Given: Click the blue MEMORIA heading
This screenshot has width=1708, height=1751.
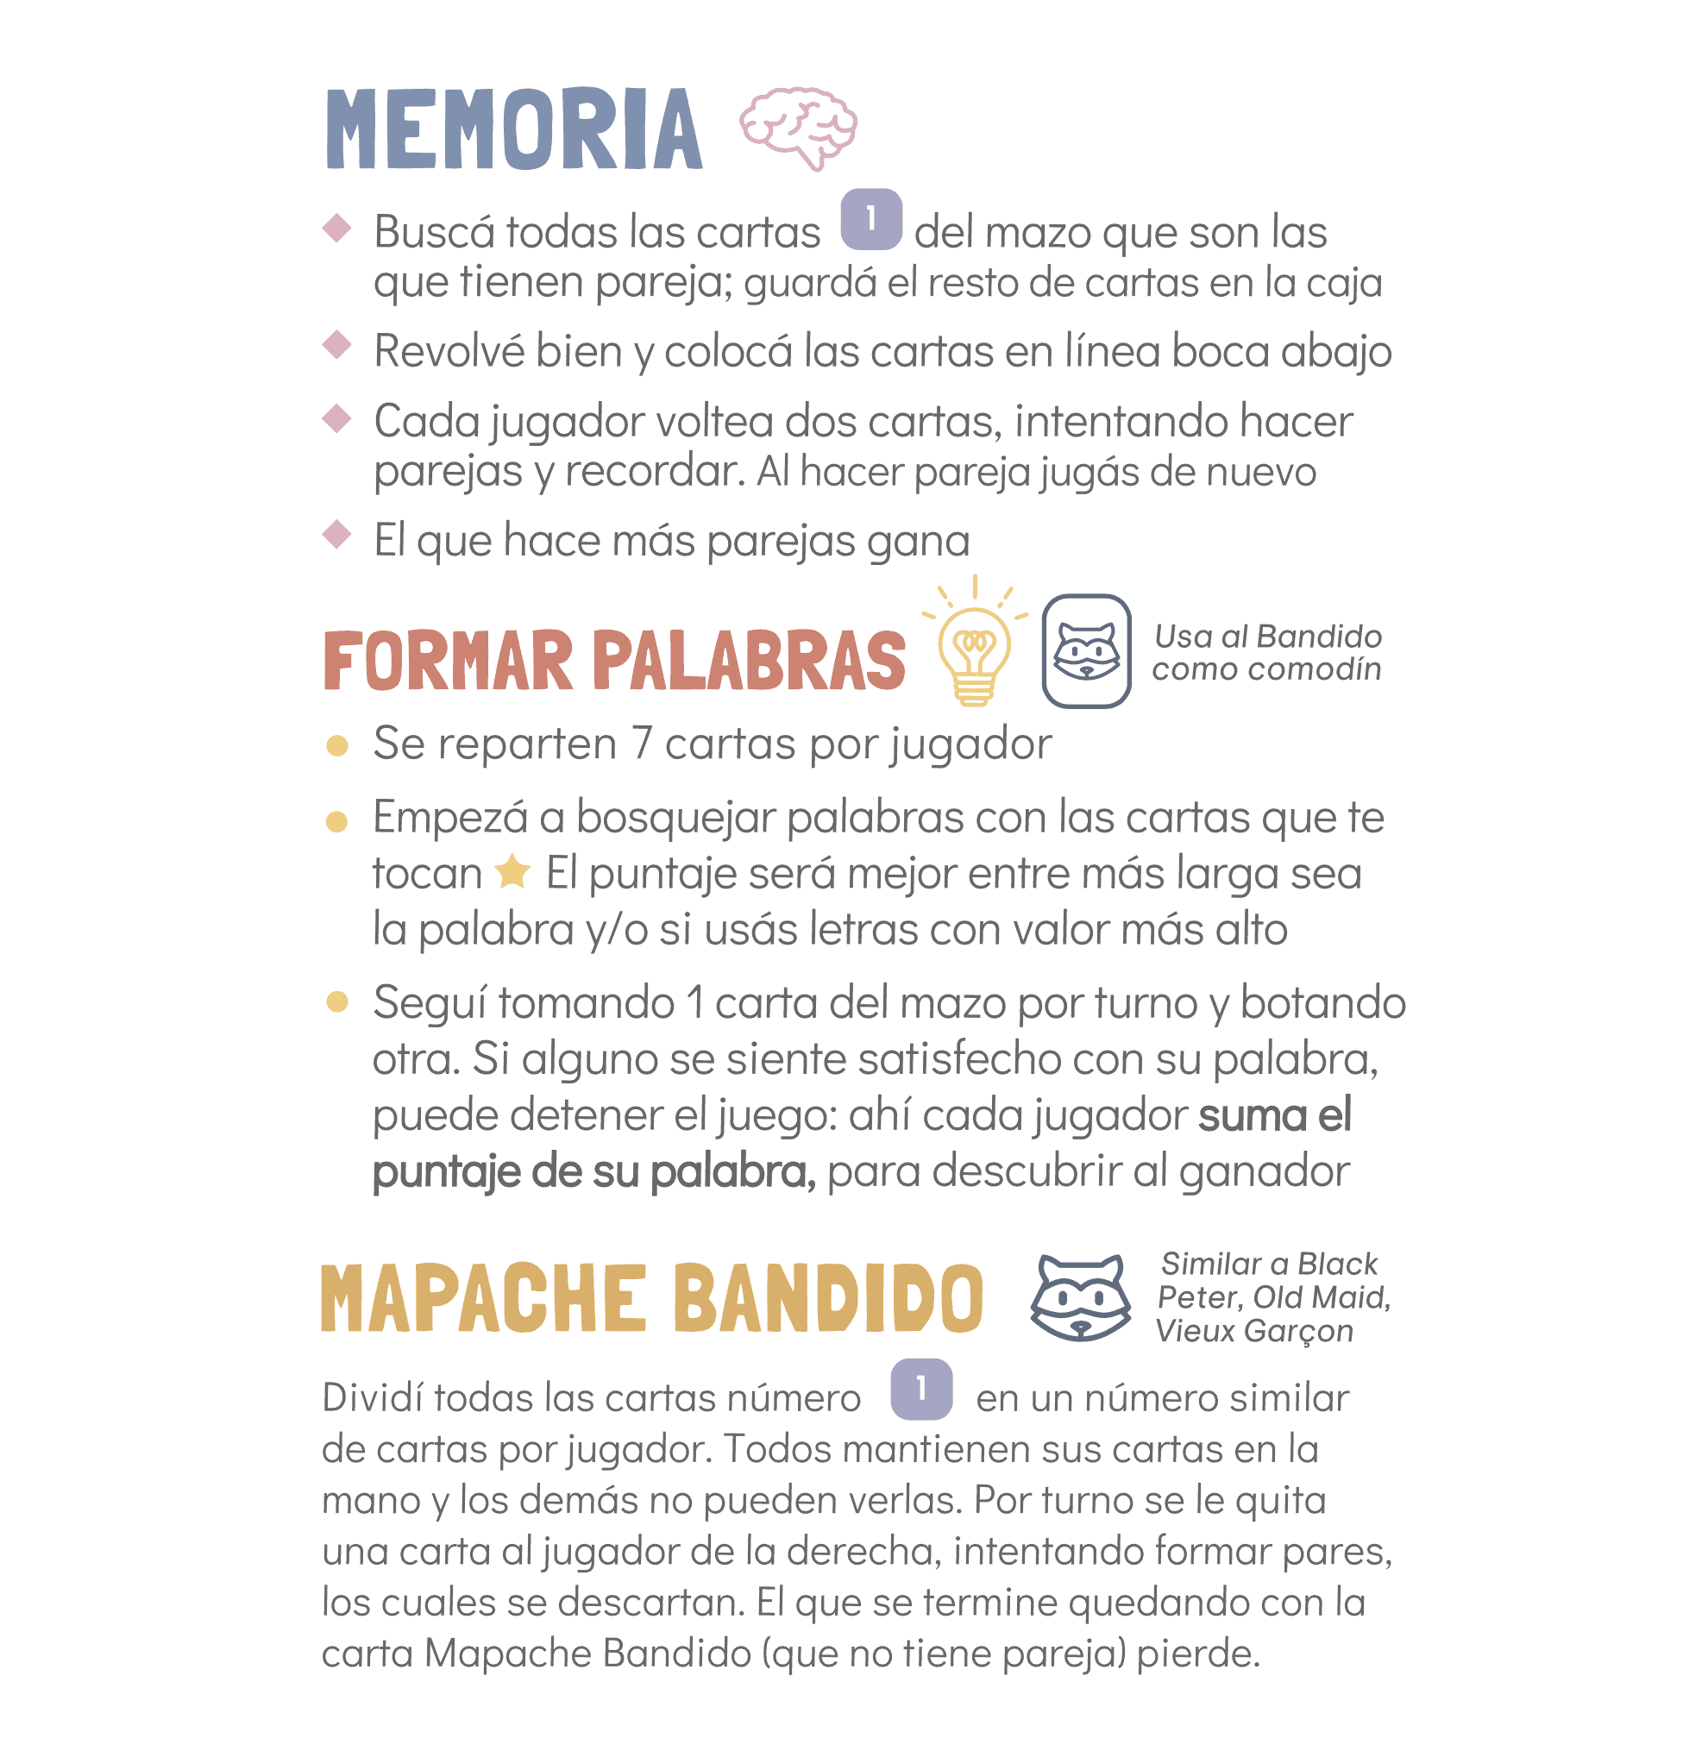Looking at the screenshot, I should [x=513, y=130].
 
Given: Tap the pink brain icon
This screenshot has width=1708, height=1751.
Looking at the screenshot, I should [x=797, y=127].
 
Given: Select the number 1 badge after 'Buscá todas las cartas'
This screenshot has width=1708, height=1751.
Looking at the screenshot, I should [x=870, y=219].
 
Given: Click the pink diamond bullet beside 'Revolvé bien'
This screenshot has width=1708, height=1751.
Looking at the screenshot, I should [x=336, y=344].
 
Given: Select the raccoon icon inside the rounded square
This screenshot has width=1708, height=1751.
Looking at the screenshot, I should [x=1085, y=651].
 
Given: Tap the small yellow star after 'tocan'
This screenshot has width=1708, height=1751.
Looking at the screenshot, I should [x=512, y=871].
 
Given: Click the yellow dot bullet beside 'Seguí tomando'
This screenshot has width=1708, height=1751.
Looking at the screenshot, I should [x=337, y=1001].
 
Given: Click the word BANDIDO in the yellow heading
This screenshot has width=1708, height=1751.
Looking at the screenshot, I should [x=828, y=1298].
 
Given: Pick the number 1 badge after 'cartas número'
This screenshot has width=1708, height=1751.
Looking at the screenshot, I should [x=921, y=1390].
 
